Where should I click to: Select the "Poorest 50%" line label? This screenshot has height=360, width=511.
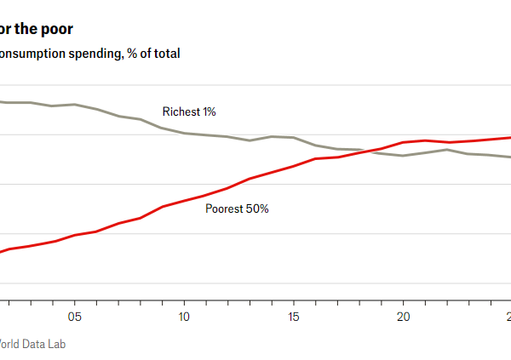point(237,209)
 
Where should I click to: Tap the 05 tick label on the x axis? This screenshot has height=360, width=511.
point(74,317)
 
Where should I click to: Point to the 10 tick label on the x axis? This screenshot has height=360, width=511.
point(184,317)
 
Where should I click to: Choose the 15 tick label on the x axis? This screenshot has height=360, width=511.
point(294,317)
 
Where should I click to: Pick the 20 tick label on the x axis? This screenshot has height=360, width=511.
point(403,317)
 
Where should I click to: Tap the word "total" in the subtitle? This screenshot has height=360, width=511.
point(165,54)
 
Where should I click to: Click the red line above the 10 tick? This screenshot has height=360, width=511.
point(184,201)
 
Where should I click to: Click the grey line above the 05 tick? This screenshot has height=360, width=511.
point(74,105)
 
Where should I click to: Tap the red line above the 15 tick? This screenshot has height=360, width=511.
point(294,166)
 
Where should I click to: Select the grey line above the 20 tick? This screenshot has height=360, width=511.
point(403,156)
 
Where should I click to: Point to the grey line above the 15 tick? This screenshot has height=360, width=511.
point(294,137)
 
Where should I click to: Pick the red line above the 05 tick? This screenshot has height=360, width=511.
point(74,234)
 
